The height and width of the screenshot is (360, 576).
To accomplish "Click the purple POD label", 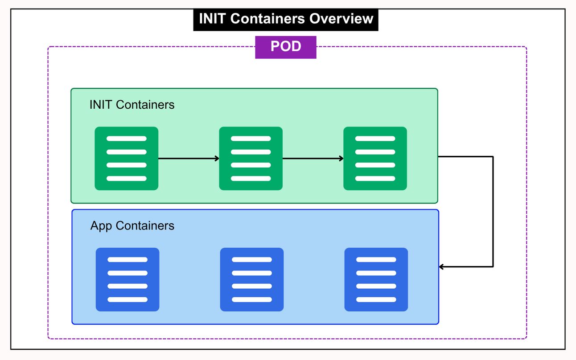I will (x=285, y=47).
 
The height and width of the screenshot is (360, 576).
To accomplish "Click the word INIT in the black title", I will (x=212, y=19).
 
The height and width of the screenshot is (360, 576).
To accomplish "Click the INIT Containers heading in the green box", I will (x=132, y=105).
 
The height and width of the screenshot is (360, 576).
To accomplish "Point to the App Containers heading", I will (x=132, y=226).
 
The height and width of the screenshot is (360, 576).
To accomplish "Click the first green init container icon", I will (x=126, y=159).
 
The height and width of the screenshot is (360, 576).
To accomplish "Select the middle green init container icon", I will (x=251, y=159).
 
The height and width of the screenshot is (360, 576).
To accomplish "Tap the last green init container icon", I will (x=375, y=159).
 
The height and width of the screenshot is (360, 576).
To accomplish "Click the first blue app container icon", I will (x=128, y=279).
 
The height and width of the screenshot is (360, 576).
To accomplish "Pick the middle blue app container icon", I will (x=252, y=279).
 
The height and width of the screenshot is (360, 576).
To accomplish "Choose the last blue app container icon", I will (x=376, y=279).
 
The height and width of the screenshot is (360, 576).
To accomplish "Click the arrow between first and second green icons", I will (x=189, y=158).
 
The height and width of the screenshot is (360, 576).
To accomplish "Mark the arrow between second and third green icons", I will (x=313, y=158).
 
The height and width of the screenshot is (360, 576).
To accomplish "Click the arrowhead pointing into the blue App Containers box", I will (x=442, y=267).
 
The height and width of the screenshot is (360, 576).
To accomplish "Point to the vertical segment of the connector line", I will (x=493, y=212).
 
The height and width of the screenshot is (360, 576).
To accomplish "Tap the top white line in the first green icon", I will (x=126, y=139).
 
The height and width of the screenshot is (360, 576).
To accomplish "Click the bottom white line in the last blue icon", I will (x=376, y=299).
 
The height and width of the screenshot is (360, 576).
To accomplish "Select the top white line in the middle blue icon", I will (x=252, y=259).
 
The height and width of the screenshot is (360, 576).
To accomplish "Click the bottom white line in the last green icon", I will (x=375, y=179).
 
